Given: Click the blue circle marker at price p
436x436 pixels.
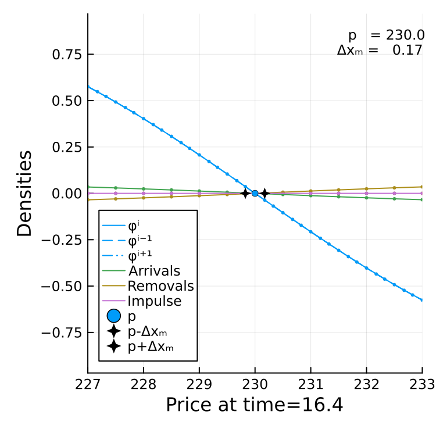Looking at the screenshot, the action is tap(255, 193).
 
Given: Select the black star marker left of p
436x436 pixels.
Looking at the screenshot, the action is tap(245, 193).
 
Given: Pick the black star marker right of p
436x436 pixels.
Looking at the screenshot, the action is tap(265, 193).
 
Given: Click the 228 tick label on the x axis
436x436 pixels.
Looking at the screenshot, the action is tap(144, 385).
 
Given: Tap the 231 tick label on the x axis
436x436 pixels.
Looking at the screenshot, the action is tap(310, 385).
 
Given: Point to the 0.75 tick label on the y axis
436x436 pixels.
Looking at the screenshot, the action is tap(67, 54).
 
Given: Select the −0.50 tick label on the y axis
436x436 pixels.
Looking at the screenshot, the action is tap(62, 286).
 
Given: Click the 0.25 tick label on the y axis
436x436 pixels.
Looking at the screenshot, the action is tap(67, 147).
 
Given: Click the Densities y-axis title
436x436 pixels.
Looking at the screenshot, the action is tap(24, 194).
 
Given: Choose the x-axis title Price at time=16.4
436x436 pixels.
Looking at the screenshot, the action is tap(255, 405).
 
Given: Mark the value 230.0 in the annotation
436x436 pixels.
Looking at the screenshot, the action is tap(405, 35).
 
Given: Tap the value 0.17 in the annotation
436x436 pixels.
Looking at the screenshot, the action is tap(408, 51).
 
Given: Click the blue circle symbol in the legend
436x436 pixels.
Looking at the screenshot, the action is tap(114, 316).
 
